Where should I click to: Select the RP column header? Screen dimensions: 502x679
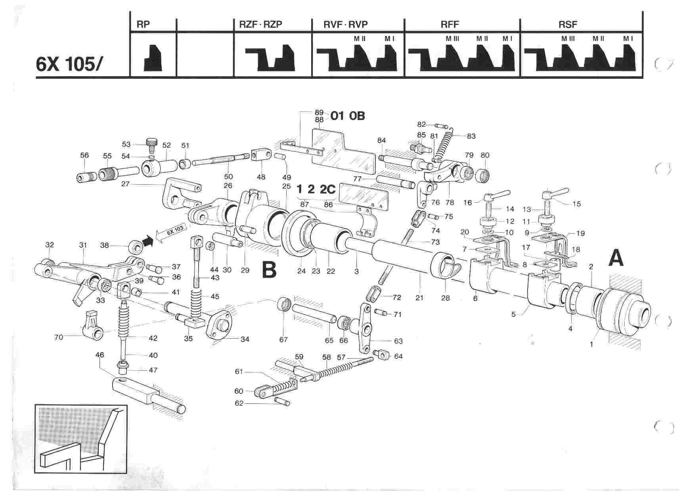tap(143, 25)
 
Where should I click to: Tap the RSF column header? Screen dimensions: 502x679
tap(568, 25)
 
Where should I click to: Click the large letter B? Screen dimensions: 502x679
tap(269, 270)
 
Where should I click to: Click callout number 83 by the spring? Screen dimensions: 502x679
tap(471, 136)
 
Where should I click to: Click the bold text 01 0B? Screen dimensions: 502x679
tap(344, 116)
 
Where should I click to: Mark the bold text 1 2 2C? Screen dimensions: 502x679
tap(316, 189)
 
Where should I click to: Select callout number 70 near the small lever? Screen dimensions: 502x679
tap(59, 337)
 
